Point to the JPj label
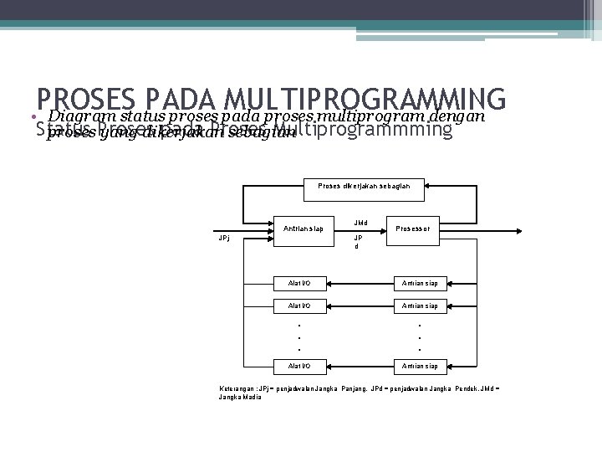pyautogui.click(x=223, y=237)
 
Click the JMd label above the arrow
pyautogui.click(x=360, y=223)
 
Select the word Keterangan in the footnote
pyautogui.click(x=237, y=389)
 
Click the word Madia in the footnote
pyautogui.click(x=251, y=398)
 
